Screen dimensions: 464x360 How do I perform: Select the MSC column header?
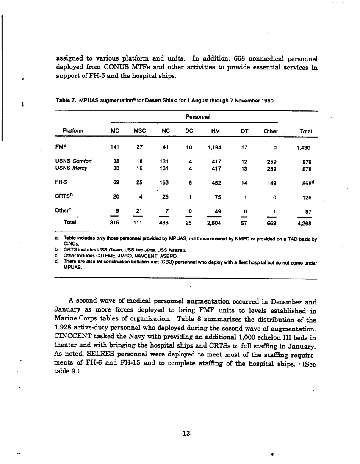(140, 131)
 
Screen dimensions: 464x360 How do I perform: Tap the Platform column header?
(72, 131)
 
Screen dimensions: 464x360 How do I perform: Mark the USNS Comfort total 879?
(307, 161)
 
